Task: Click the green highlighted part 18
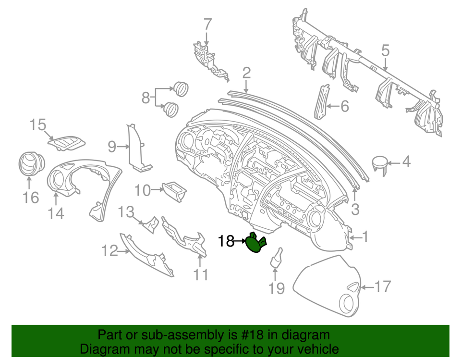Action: point(255,243)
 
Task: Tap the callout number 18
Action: point(226,241)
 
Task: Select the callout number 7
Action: point(207,25)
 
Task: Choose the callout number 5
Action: point(385,50)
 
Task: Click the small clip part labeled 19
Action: point(277,258)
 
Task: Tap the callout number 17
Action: point(382,286)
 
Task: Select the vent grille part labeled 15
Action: point(66,143)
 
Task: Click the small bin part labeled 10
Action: point(175,191)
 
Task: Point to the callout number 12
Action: point(109,251)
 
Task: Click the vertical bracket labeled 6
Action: point(322,101)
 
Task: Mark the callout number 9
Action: point(112,147)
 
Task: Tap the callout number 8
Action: point(146,98)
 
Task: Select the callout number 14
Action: point(56,213)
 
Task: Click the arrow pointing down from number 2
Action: point(246,87)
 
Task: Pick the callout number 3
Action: point(355,209)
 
